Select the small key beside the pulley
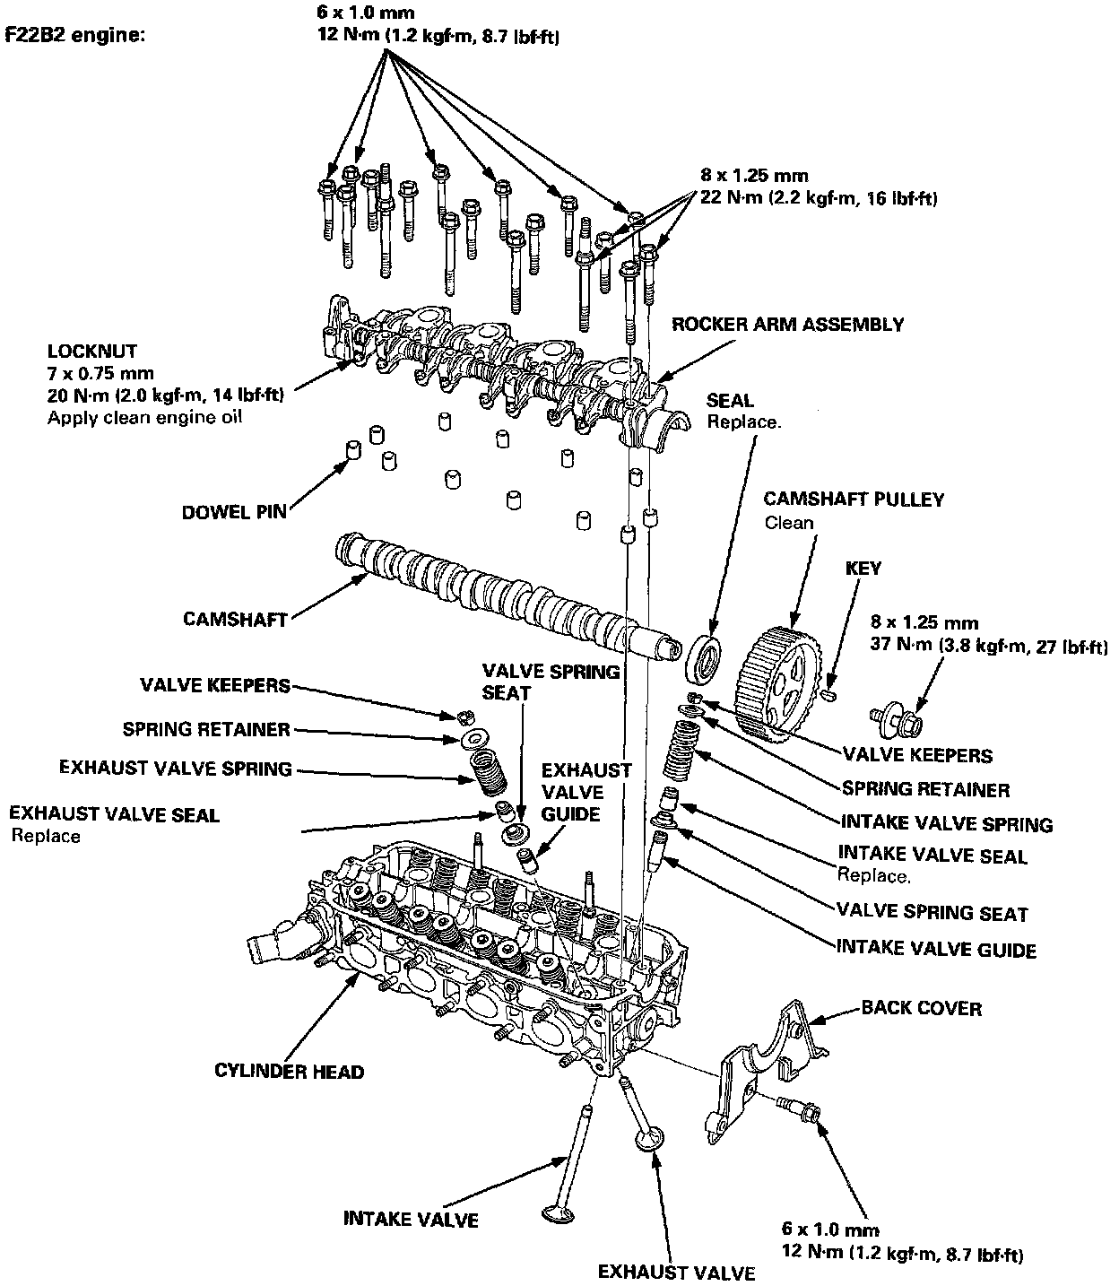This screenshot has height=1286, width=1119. coord(829,693)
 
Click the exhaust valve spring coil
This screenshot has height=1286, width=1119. coord(487,771)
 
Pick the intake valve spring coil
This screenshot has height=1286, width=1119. coord(678,751)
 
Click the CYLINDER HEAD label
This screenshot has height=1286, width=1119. coord(290,1071)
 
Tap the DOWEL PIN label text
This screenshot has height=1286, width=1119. coord(234,512)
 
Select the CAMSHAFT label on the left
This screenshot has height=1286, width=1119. coord(235,619)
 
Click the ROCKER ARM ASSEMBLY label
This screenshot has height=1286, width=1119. coord(788,325)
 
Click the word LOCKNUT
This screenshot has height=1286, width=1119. coord(92,351)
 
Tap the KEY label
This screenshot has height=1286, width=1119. coord(863,569)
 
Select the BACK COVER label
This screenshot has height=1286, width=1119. coord(921,1008)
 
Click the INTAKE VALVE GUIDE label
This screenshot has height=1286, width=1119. coord(935,949)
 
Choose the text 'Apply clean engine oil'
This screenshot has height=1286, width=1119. coord(145,418)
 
